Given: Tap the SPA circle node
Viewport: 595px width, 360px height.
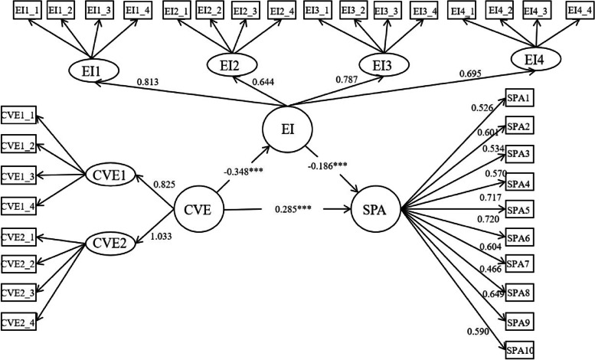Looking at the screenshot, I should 376,208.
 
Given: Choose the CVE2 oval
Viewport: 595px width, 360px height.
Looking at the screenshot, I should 110,245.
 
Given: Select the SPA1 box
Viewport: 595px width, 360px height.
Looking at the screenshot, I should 518,99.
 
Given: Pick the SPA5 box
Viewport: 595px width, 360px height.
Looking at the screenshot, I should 518,209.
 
